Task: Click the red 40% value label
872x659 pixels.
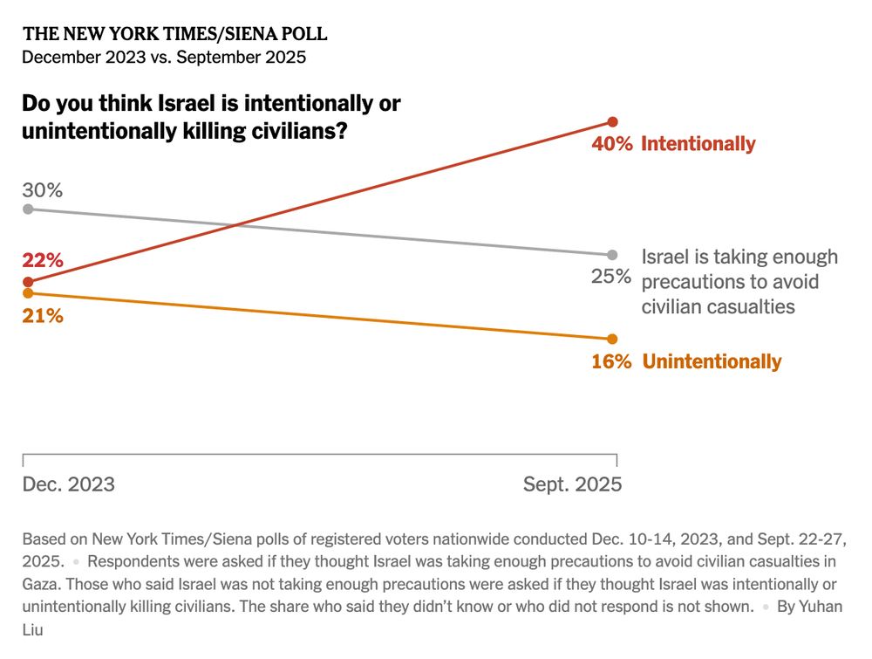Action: point(612,144)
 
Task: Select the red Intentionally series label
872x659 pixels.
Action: point(698,144)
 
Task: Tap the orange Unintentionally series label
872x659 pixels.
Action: point(712,361)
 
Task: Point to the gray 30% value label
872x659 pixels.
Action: point(43,190)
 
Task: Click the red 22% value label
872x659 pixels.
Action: point(43,260)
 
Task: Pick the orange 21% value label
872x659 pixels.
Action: point(43,316)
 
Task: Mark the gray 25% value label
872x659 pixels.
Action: point(611,277)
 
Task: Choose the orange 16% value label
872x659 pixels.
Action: point(611,361)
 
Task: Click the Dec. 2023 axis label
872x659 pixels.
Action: point(68,484)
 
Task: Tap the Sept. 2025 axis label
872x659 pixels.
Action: point(572,484)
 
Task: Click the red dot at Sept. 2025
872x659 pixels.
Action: point(612,121)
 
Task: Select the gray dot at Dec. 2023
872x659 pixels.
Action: point(28,209)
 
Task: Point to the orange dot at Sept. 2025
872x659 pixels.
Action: point(612,339)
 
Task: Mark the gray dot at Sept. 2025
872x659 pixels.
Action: point(612,255)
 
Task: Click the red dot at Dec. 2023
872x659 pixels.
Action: point(28,282)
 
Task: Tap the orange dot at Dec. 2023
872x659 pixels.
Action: point(28,293)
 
